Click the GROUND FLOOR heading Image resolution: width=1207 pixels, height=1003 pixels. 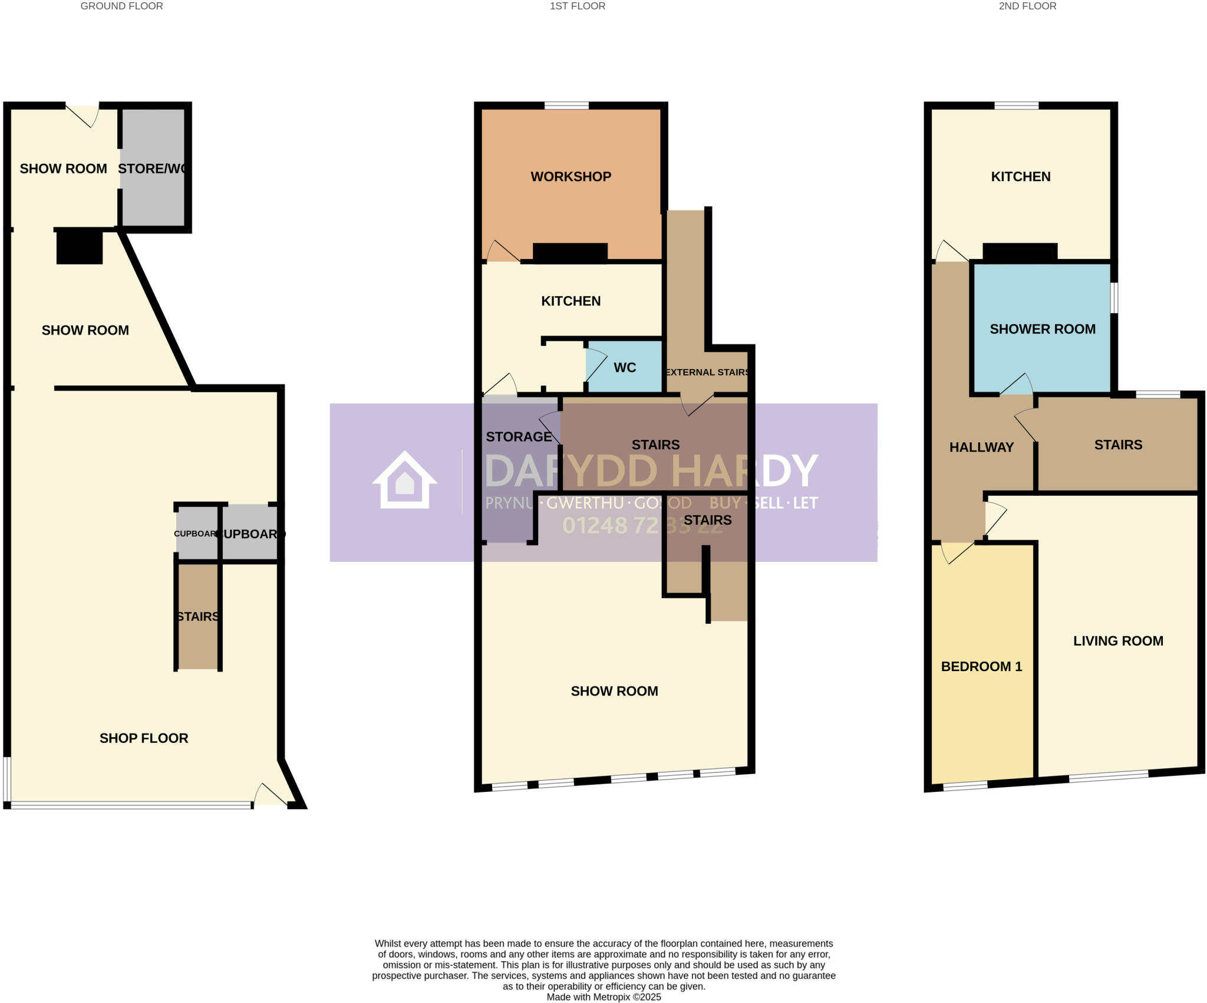[121, 6]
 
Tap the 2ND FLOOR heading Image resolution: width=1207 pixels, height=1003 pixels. [1027, 6]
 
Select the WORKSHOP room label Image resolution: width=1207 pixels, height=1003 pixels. [570, 176]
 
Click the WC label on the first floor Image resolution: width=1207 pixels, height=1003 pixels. [625, 367]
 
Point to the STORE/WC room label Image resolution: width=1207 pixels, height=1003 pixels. [153, 169]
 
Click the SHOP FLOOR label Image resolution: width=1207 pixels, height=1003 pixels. [144, 738]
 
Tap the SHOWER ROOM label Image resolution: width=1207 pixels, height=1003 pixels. [1043, 329]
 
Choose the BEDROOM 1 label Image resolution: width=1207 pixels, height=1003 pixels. [981, 666]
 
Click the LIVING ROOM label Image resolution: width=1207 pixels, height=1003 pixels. [1118, 641]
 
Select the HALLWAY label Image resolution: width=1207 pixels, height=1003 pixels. [981, 447]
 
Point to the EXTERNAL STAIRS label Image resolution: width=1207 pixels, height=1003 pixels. [707, 372]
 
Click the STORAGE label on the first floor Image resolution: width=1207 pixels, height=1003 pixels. [519, 437]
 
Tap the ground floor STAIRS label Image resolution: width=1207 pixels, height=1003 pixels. [198, 616]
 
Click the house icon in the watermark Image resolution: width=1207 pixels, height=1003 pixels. [404, 480]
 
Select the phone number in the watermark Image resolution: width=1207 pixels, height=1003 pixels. [641, 525]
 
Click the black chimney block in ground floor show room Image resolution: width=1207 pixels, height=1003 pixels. [80, 247]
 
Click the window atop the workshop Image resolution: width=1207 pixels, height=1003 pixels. [566, 106]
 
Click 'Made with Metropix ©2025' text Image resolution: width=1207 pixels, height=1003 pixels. [603, 997]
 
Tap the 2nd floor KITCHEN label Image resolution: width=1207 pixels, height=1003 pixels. [1020, 176]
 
